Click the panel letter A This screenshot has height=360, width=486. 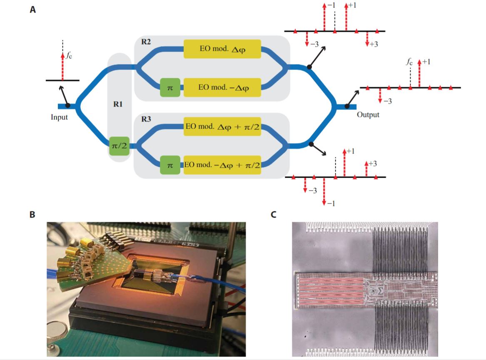pyautogui.click(x=32, y=10)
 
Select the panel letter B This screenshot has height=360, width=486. pyautogui.click(x=32, y=215)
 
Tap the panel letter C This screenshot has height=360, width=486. pyautogui.click(x=274, y=215)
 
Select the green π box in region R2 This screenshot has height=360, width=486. pyautogui.click(x=169, y=88)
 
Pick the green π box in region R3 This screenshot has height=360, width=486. pyautogui.click(x=169, y=165)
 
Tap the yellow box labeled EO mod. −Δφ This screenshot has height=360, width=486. pyautogui.click(x=222, y=88)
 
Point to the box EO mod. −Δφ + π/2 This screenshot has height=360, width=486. pyautogui.click(x=222, y=165)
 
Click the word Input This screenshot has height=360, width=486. pyautogui.click(x=59, y=117)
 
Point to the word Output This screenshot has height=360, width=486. pyautogui.click(x=368, y=114)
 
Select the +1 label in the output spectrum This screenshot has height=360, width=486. pyautogui.click(x=426, y=62)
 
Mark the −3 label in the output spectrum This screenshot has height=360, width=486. pyautogui.click(x=387, y=101)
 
